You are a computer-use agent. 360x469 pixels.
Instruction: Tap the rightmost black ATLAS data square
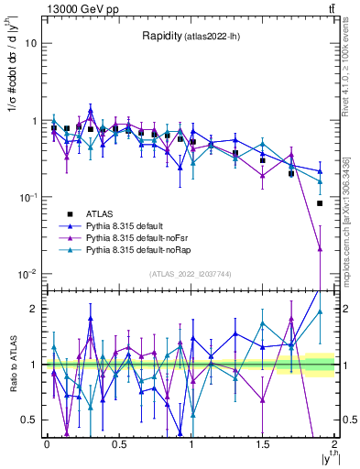pyautogui.click(x=320, y=203)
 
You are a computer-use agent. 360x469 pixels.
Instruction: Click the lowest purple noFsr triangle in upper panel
pyautogui.click(x=320, y=248)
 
